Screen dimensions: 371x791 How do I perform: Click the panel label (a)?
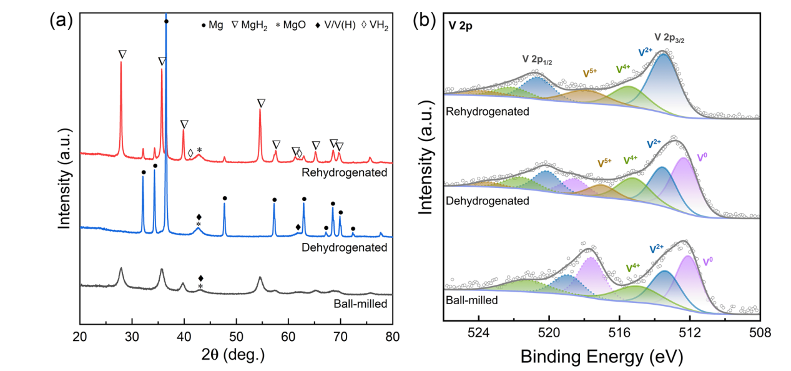click(61, 21)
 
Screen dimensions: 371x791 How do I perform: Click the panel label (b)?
click(422, 21)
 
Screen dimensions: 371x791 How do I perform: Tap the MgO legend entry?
click(294, 26)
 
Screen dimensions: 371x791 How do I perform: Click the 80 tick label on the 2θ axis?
click(392, 337)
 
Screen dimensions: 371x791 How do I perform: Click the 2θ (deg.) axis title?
click(236, 355)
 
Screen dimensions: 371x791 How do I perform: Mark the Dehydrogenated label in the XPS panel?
click(487, 200)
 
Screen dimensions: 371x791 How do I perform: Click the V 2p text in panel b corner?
click(460, 26)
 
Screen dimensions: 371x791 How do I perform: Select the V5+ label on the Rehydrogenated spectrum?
click(590, 73)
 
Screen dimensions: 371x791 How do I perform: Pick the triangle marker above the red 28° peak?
click(122, 54)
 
